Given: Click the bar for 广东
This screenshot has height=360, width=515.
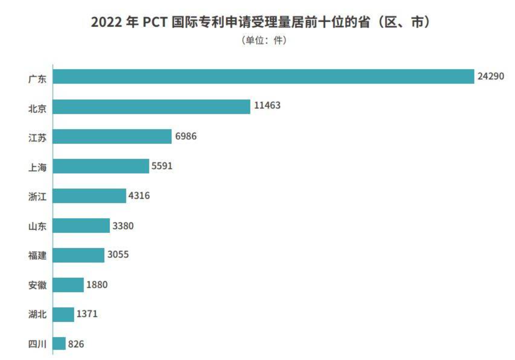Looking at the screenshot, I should [x=264, y=77].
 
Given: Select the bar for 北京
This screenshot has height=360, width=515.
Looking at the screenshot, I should [x=152, y=107].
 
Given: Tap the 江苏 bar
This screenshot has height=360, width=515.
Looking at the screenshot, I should [x=112, y=136].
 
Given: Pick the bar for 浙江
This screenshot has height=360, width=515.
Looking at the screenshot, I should [x=89, y=196].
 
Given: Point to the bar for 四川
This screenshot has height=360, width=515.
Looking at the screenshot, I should [x=60, y=344].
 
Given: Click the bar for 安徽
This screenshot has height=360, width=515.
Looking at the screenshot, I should [x=69, y=285].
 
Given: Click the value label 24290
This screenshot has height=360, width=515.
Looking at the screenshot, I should [x=491, y=76].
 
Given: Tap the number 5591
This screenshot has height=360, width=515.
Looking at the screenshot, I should [x=162, y=166].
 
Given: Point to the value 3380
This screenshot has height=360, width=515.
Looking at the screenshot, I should [x=123, y=225].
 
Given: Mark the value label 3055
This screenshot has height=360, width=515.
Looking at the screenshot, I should [x=118, y=255].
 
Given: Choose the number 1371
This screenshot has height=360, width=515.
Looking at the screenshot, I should [x=87, y=314].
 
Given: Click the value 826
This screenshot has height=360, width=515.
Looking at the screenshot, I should [x=76, y=344].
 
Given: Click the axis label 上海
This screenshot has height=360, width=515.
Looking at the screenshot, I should [x=37, y=167].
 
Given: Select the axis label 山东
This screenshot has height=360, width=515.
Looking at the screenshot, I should [x=37, y=226].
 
